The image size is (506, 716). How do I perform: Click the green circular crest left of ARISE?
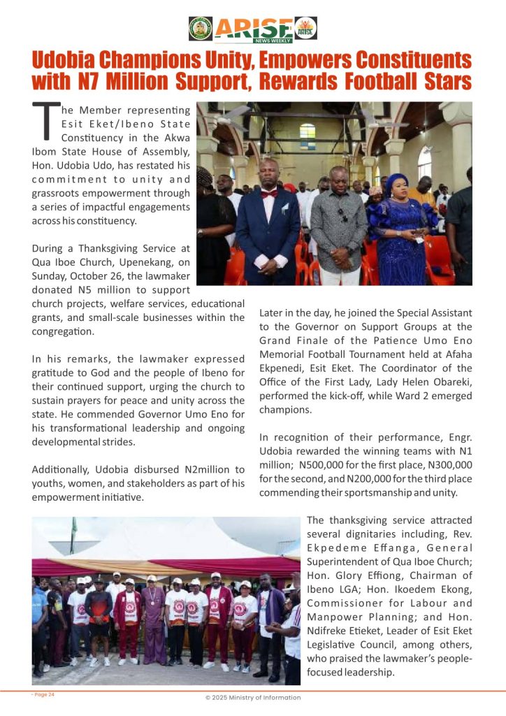coord(201,28)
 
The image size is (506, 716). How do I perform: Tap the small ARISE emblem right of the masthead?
coord(305,28)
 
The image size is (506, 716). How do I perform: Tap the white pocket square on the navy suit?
coord(284,208)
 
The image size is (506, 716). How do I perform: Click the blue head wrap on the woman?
coord(396,184)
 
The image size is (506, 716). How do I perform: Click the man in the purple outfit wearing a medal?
coord(153,615)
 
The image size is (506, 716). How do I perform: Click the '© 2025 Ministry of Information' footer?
coord(252,698)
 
